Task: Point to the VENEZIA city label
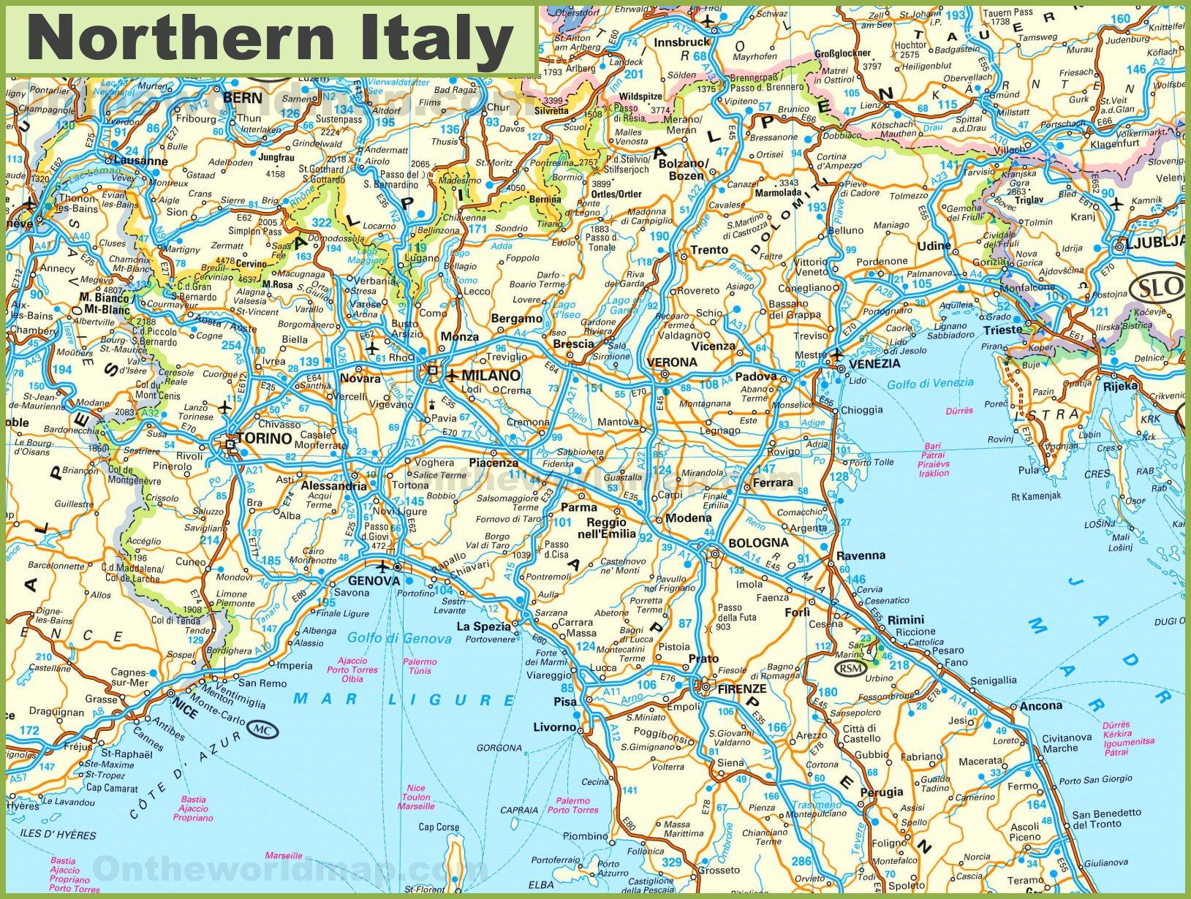click(x=874, y=363)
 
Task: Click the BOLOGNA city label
click(x=758, y=543)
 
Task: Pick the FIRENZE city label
click(x=741, y=689)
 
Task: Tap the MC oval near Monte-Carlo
click(x=262, y=729)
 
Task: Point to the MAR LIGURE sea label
click(x=404, y=699)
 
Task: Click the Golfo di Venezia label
click(x=930, y=382)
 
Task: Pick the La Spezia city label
click(x=483, y=626)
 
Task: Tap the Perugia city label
click(x=881, y=792)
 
